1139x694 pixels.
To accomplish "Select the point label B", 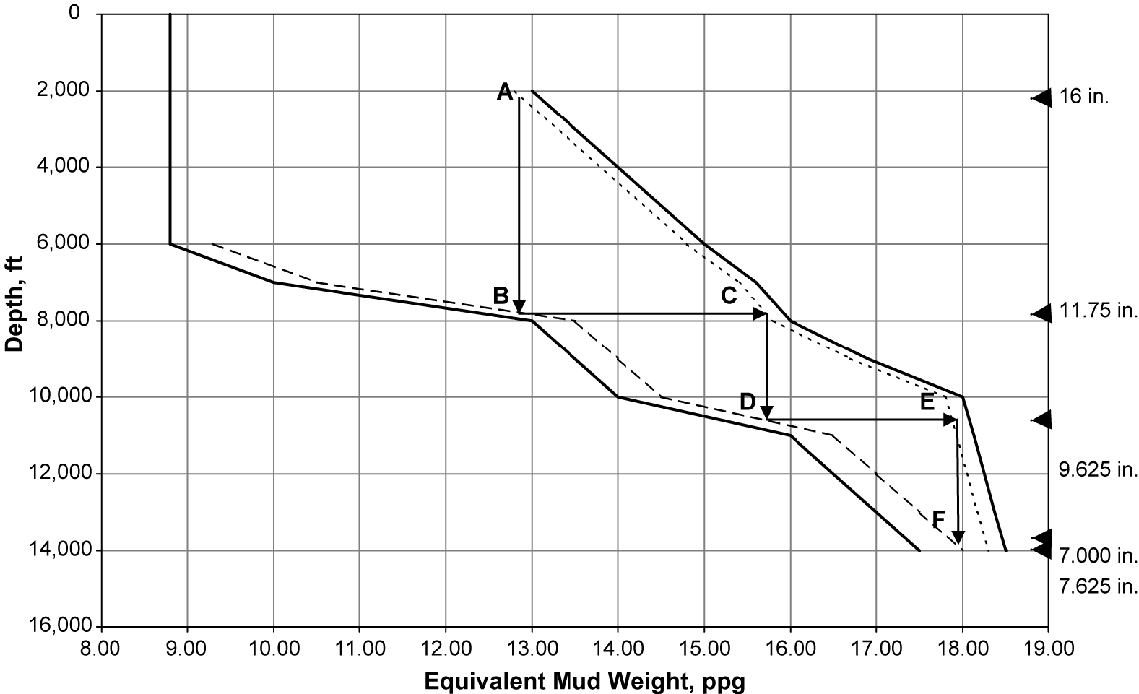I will pyautogui.click(x=501, y=295).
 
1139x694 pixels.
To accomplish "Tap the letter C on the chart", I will pyautogui.click(x=728, y=295).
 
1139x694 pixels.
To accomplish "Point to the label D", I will pyautogui.click(x=748, y=402).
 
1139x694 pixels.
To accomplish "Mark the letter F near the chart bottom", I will pyautogui.click(x=938, y=519).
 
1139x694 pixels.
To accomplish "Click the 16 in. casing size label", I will pyautogui.click(x=1084, y=97).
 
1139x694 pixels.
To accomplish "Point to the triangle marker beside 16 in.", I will pyautogui.click(x=1042, y=97).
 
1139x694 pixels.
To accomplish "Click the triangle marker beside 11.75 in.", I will pyautogui.click(x=1042, y=313).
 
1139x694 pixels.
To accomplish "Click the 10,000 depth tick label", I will pyautogui.click(x=61, y=396).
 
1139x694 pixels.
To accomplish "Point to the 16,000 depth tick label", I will pyautogui.click(x=61, y=625).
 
